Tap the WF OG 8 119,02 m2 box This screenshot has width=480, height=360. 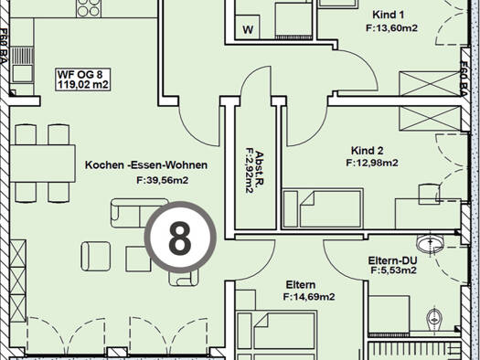coord(83,79)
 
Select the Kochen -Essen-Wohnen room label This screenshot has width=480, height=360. coord(146,164)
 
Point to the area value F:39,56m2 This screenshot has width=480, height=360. coord(162,180)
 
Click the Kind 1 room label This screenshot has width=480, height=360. coord(389,15)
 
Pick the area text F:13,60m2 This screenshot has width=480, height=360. coord(392,27)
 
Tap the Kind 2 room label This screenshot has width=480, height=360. coord(367,151)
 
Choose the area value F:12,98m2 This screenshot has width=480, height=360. coord(372,163)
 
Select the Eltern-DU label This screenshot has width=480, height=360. coord(392,260)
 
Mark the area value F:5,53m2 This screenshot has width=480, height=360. coord(394,270)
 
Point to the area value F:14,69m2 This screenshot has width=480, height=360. coord(309,297)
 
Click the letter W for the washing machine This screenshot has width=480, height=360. coord(248,29)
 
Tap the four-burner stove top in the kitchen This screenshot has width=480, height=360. coord(89,8)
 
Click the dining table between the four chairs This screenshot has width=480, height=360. coord(43,164)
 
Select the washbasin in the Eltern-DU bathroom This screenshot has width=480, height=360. coord(430,243)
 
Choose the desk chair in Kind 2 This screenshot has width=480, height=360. coord(429,194)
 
